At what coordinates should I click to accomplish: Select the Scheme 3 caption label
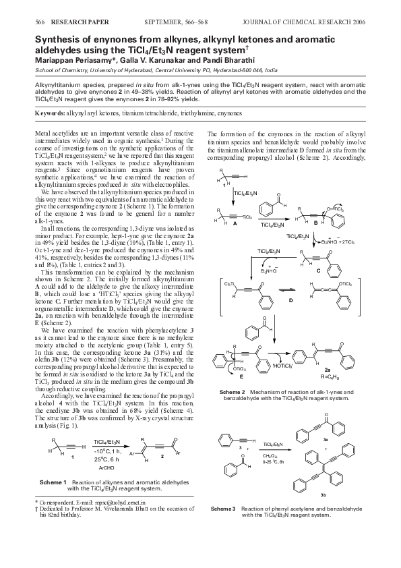pyautogui.click(x=225, y=526)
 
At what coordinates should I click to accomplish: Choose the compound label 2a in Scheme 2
pyautogui.click(x=346, y=370)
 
